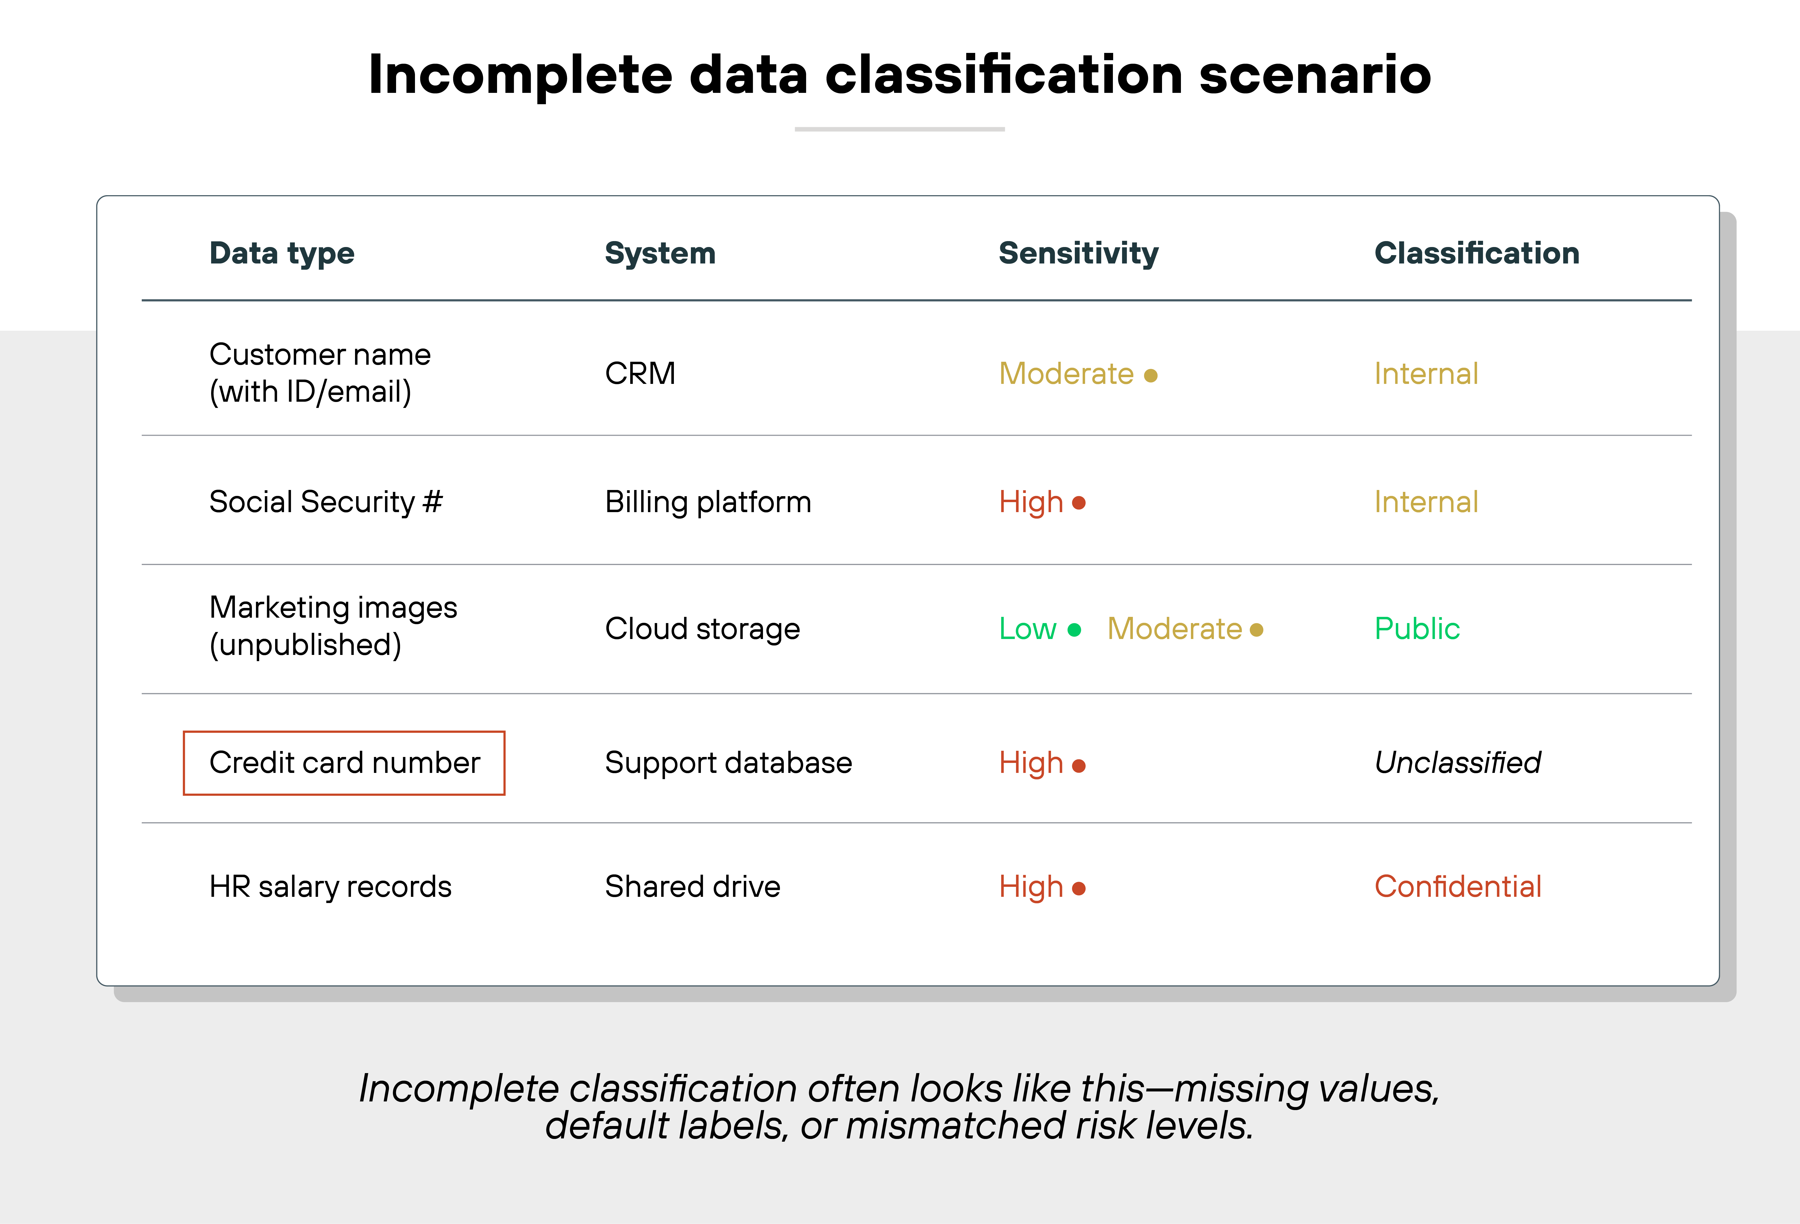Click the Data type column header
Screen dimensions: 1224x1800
tap(282, 253)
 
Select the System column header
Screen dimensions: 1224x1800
tap(660, 253)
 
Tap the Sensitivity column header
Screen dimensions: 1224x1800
tap(1078, 253)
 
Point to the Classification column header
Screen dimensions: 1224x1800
tap(1476, 253)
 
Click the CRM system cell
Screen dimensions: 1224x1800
tap(640, 373)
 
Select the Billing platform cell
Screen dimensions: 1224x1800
tap(708, 502)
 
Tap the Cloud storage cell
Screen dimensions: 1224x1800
tap(702, 628)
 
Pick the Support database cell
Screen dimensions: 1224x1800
tap(728, 763)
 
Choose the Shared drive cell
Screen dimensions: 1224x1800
tap(693, 886)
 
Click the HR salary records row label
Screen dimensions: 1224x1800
tap(330, 886)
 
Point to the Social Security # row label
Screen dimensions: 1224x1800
tap(325, 502)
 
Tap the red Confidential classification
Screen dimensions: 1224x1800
tap(1458, 886)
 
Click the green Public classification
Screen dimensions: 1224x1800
tap(1417, 628)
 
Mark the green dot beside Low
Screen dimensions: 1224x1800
tap(1074, 630)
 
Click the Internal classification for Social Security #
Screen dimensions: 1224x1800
tap(1426, 502)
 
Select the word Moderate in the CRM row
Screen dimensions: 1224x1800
tap(1066, 373)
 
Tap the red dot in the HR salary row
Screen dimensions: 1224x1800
tap(1079, 888)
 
